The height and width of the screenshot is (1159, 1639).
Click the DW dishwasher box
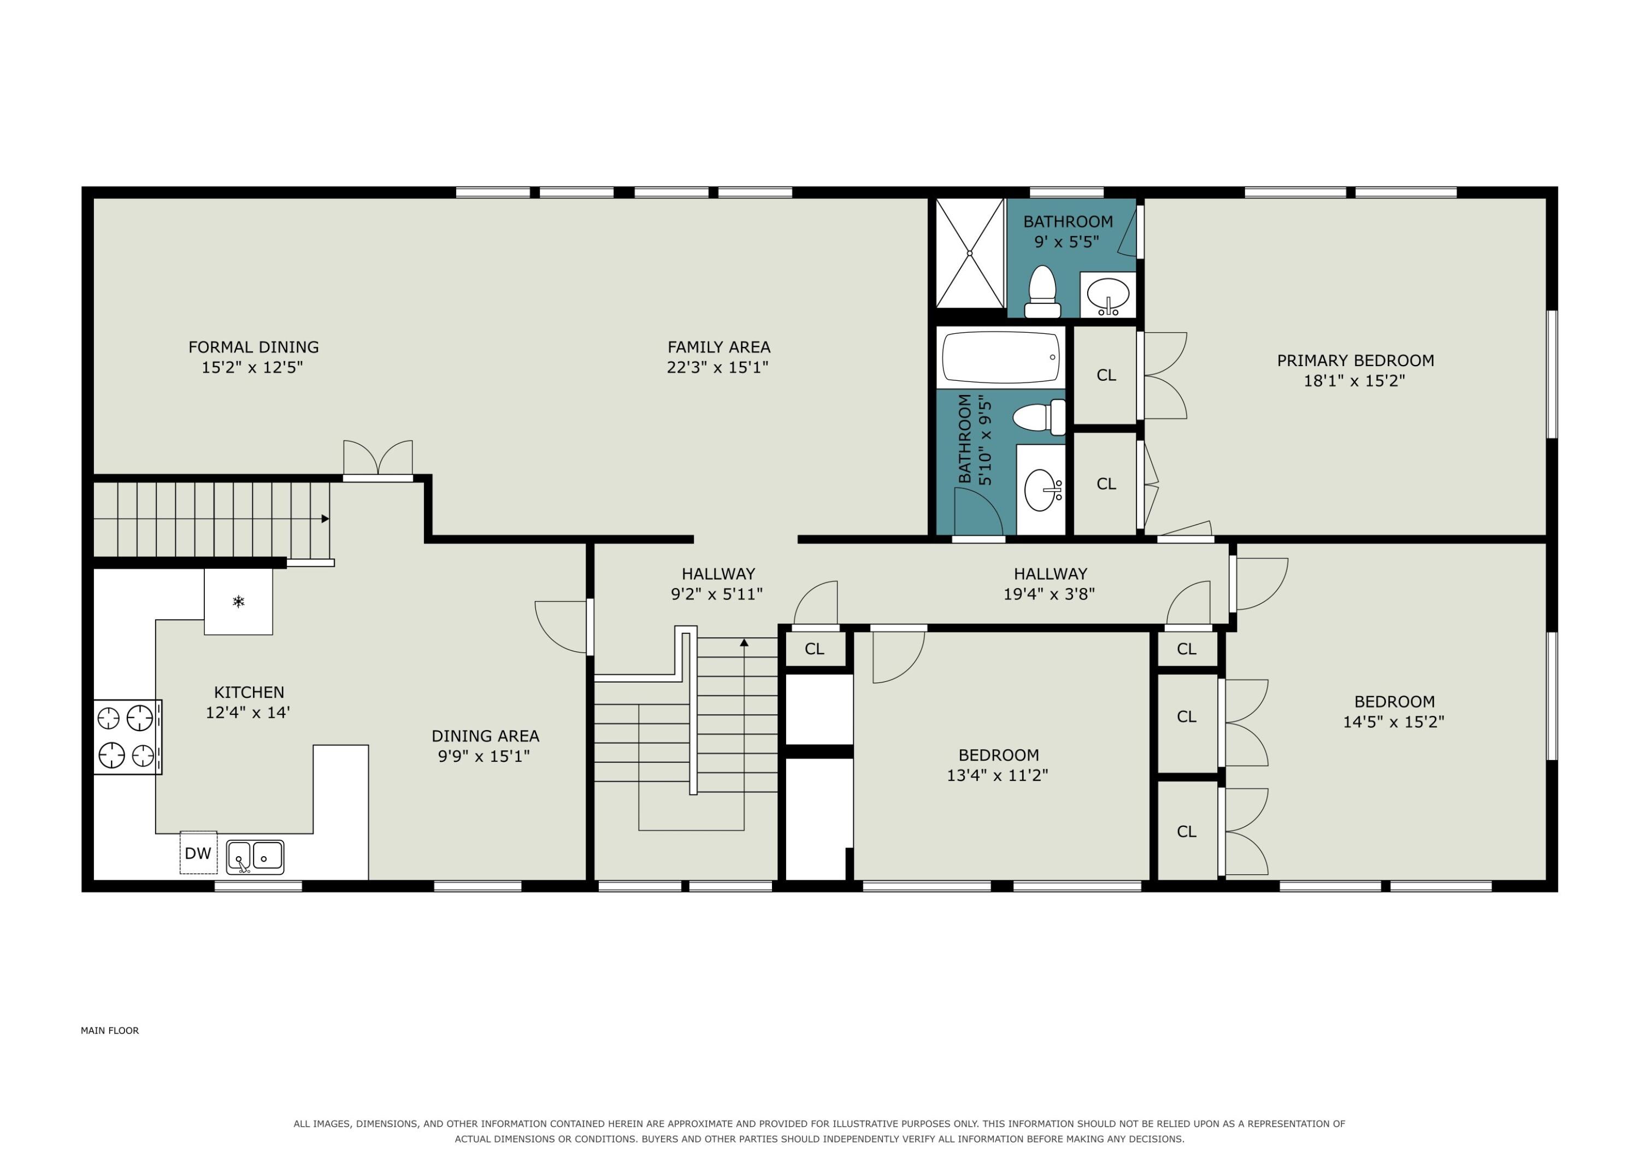click(x=198, y=852)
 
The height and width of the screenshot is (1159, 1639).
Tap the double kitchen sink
click(x=255, y=857)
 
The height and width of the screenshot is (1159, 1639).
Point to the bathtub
click(x=1001, y=357)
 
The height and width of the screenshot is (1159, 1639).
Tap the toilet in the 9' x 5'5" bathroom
click(x=1042, y=291)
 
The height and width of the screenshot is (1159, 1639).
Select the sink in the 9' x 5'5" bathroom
click(x=1108, y=294)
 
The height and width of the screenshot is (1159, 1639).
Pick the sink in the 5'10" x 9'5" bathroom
click(x=1041, y=489)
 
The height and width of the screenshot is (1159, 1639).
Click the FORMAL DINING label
click(x=253, y=347)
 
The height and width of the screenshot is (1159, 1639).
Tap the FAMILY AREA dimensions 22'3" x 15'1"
click(x=717, y=368)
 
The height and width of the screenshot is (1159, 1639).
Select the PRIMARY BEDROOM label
click(x=1355, y=361)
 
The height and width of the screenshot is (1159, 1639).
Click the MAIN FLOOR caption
click(x=109, y=1031)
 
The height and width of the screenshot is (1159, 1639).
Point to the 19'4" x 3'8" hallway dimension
click(x=1050, y=594)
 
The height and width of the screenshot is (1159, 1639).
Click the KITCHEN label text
click(x=249, y=692)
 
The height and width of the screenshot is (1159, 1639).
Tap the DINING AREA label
click(x=486, y=736)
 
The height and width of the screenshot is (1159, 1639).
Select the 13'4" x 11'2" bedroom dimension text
click(x=997, y=775)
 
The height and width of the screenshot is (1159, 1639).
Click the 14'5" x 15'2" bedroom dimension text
click(x=1394, y=721)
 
